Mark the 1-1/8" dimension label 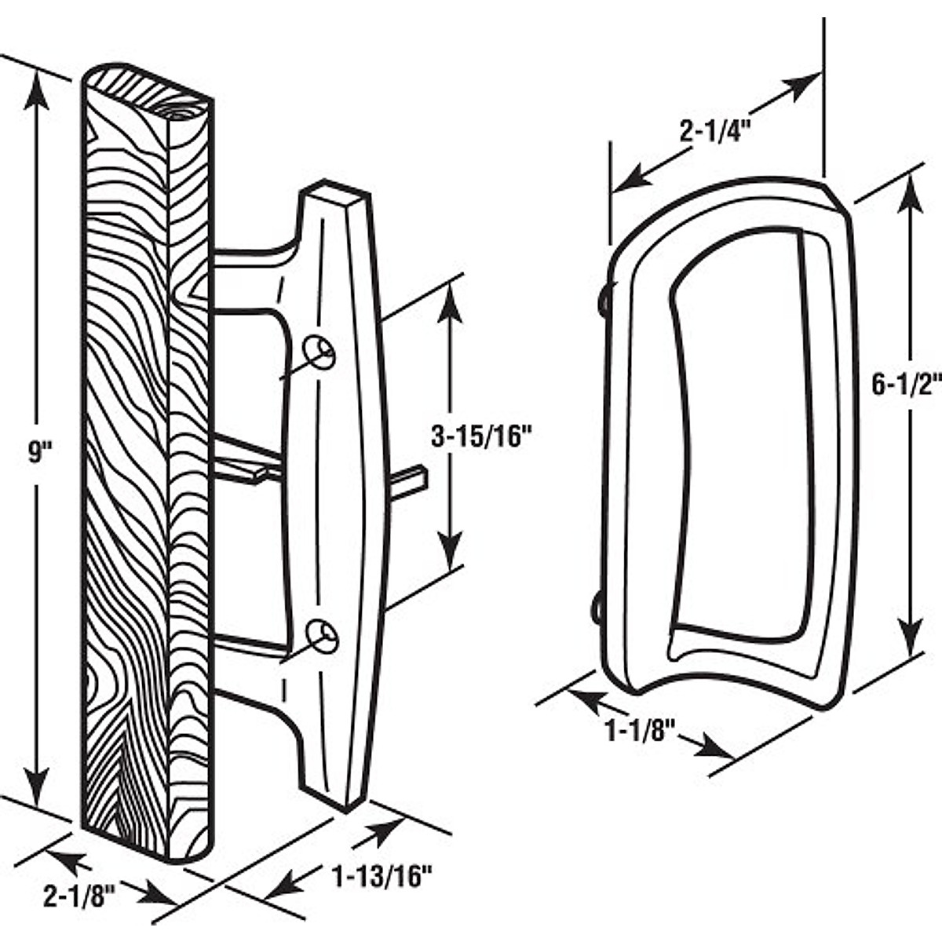[x=640, y=732]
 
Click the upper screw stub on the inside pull [x=605, y=298]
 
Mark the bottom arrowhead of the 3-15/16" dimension [x=449, y=549]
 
